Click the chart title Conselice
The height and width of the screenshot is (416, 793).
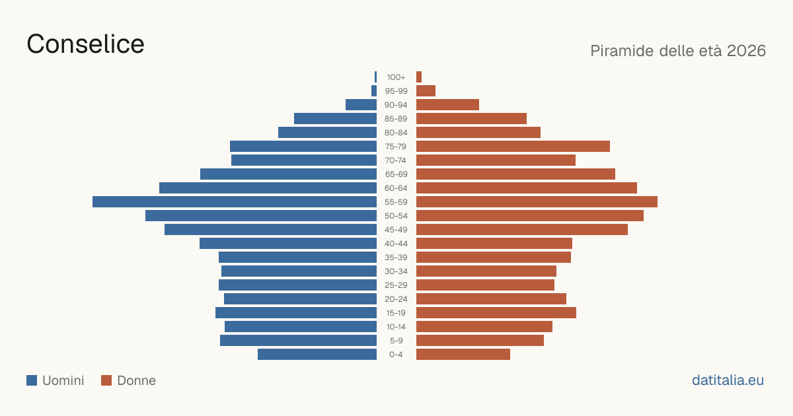tap(85, 44)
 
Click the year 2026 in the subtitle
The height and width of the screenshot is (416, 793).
tap(746, 51)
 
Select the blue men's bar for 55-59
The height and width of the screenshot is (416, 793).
tap(235, 202)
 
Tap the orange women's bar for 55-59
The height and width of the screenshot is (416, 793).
tap(537, 202)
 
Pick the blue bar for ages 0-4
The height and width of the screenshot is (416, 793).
tap(317, 355)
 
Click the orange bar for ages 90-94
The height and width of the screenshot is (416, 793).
tap(447, 105)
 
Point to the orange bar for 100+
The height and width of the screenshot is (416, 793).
tap(419, 77)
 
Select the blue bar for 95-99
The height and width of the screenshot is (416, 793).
tap(374, 91)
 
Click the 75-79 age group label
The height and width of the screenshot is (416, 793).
tap(396, 147)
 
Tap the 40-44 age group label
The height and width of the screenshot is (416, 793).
tap(396, 244)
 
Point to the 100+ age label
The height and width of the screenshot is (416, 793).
tap(396, 77)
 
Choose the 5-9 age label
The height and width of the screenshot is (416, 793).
tap(396, 341)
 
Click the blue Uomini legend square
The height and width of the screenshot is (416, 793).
tap(32, 380)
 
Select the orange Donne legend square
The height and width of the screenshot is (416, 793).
tap(106, 380)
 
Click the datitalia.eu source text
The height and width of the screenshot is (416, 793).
tap(728, 380)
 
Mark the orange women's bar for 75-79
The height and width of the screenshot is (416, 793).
tap(513, 147)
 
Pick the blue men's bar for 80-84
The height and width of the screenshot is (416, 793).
tap(328, 133)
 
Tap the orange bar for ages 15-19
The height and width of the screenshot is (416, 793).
tap(496, 313)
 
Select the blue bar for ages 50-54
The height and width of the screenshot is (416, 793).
tap(261, 216)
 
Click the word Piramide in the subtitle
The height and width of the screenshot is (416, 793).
tap(623, 51)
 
